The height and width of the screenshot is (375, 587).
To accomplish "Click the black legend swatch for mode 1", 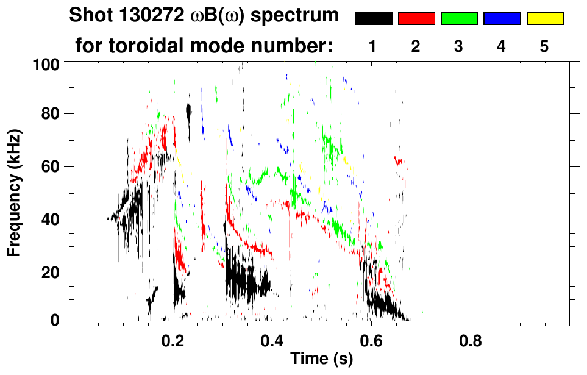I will [374, 19].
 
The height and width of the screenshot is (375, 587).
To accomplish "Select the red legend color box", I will [416, 19].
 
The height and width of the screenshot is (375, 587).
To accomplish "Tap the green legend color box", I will [459, 19].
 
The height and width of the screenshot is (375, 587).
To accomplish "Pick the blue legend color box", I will [502, 19].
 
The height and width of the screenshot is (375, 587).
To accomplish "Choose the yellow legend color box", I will [544, 19].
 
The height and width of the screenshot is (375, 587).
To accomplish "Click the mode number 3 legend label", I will [459, 47].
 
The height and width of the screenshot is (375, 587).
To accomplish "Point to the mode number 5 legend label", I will [544, 47].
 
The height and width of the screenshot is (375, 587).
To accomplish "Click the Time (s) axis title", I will [321, 360].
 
